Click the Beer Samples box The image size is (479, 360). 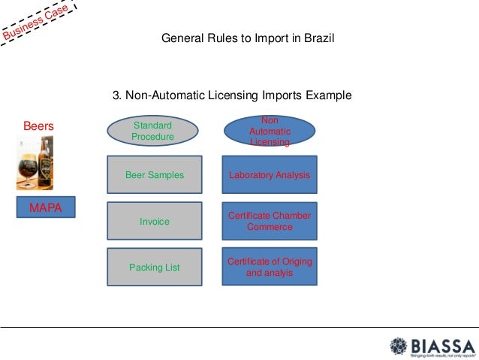155,175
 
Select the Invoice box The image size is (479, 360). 155,222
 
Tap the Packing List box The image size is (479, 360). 155,267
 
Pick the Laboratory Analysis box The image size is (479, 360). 270,175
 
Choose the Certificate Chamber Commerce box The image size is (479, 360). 270,221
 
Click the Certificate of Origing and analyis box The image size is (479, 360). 270,267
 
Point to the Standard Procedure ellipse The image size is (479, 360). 152,132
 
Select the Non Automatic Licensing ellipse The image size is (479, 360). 270,132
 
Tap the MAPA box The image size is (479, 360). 46,207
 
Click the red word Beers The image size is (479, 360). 38,126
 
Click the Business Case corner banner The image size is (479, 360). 38,23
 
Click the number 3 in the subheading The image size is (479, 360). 116,95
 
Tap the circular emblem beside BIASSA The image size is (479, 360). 399,347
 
